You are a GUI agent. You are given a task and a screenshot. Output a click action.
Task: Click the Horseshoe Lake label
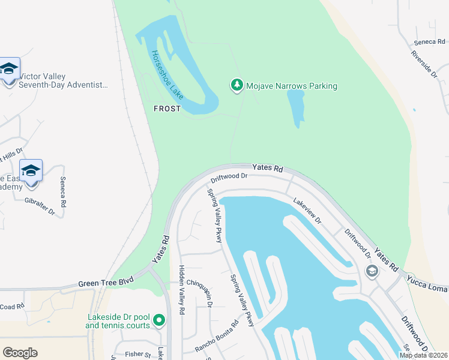coord(167,75)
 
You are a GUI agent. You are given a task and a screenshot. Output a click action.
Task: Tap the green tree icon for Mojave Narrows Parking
coord(237,86)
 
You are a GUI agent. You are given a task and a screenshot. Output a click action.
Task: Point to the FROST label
coord(167,108)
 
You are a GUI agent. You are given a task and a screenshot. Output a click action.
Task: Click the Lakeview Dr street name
coord(307,211)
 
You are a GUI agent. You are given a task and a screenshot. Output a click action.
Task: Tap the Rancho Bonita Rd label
coord(217,336)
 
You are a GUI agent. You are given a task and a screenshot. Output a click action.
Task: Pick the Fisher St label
coord(137,354)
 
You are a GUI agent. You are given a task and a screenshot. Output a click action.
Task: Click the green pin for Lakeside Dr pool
coord(159,321)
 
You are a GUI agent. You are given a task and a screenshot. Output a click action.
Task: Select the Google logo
coord(20,353)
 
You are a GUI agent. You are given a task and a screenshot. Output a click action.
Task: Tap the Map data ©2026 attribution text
coord(423,355)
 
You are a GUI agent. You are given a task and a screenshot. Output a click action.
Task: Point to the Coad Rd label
coord(12,307)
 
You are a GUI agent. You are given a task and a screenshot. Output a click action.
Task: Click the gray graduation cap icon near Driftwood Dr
coord(372,271)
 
